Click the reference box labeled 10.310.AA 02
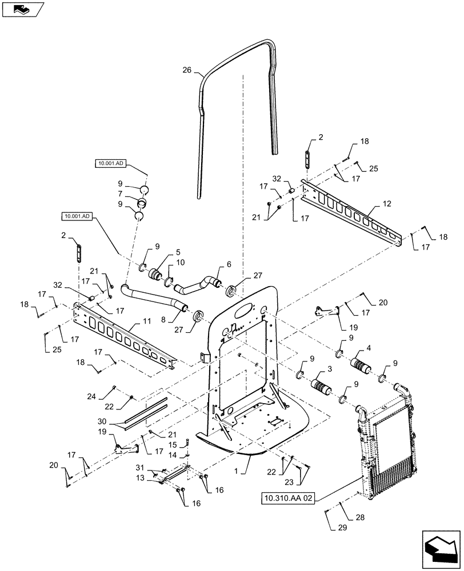tap(290, 498)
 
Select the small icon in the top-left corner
tap(21, 9)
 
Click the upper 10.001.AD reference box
tap(110, 163)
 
